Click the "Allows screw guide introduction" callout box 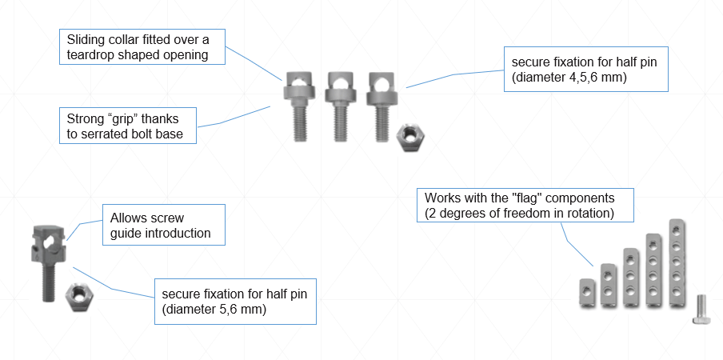coord(164,225)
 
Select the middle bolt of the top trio coord(339,103)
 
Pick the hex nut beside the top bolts coord(411,137)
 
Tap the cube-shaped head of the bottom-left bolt coord(46,244)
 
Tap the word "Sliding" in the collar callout coord(86,39)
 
